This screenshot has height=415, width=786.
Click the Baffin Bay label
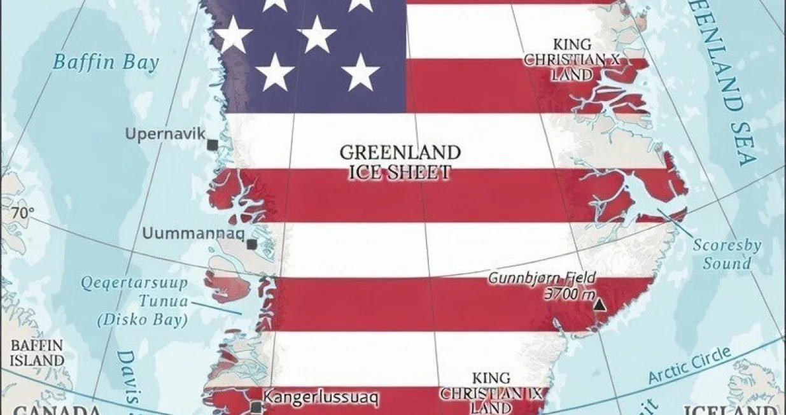pos(105,62)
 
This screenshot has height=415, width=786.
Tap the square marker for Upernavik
pos(212,145)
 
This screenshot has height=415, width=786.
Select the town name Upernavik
pos(165,134)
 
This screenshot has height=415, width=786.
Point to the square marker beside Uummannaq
pos(252,244)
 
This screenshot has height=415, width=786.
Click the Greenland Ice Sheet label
pos(400,162)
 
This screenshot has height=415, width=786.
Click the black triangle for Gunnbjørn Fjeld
pos(599,305)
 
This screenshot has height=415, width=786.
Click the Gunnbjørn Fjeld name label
pos(542,278)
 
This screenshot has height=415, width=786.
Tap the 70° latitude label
pos(22,214)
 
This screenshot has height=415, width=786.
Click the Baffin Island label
pos(37,353)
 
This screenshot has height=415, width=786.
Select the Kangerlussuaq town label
pos(321,398)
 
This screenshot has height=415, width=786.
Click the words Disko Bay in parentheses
pos(143,320)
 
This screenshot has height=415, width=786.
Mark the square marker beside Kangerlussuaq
pos(256,407)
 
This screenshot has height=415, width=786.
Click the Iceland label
pos(732,409)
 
